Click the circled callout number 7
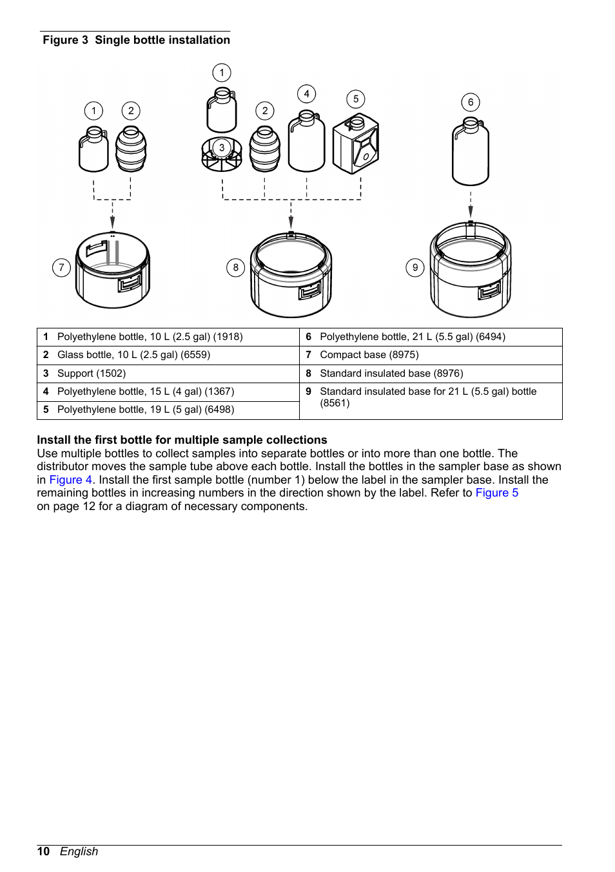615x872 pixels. pos(61,267)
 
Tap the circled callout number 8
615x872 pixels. pos(236,267)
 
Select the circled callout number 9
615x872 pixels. pos(415,267)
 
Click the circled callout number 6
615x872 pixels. pos(471,102)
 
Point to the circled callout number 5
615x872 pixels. pos(356,99)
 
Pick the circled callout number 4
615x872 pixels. pos(306,94)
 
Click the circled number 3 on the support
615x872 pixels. pos(222,148)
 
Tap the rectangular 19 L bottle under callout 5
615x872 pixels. pos(355,145)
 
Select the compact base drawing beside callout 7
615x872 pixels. pos(113,270)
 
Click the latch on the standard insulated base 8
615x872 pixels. pos(310,291)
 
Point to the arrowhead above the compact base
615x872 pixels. pos(113,222)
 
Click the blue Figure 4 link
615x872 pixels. pos(71,480)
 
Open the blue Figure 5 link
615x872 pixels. pos(496,493)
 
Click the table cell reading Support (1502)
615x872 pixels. pos(92,374)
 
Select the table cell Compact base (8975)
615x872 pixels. pos(369,355)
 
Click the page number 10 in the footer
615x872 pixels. pos(43,851)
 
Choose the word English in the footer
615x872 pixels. pos(79,851)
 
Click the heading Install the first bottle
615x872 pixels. pos(182,440)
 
